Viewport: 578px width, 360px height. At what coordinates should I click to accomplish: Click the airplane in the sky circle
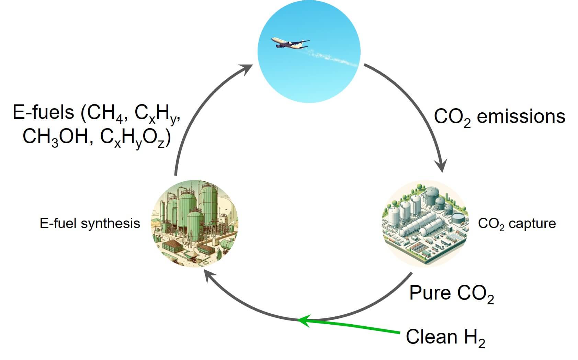point(289,43)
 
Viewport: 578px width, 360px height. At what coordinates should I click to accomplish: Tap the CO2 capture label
point(517,224)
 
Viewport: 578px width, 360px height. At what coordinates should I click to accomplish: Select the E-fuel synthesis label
point(90,224)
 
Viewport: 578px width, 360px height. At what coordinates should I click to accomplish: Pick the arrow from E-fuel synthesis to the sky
point(192,113)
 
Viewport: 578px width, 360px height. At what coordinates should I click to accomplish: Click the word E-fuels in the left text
point(43,112)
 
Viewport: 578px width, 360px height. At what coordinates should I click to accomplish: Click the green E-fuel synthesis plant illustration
point(195,223)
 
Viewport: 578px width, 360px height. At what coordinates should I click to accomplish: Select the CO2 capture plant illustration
point(425,223)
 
